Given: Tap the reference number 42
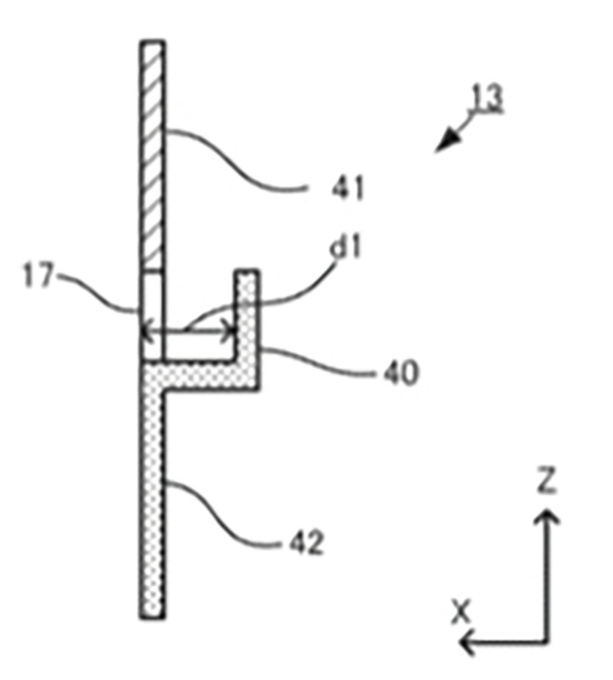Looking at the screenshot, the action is pos(307,542).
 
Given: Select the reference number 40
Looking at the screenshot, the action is pos(401,373).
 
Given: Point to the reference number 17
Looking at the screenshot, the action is pos(39,275).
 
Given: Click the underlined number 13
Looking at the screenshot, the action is pos(487,98).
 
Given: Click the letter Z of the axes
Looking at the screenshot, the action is pos(546,480).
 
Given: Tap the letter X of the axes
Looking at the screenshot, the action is pos(460,612).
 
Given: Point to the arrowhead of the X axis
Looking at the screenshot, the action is pos(467,642).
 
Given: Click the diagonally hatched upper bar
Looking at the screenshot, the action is pos(152,155).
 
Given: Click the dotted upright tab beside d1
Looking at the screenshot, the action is pos(247,321).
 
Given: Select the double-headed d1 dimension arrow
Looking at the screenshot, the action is pos(188,332).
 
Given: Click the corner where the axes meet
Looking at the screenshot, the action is pos(547,642).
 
